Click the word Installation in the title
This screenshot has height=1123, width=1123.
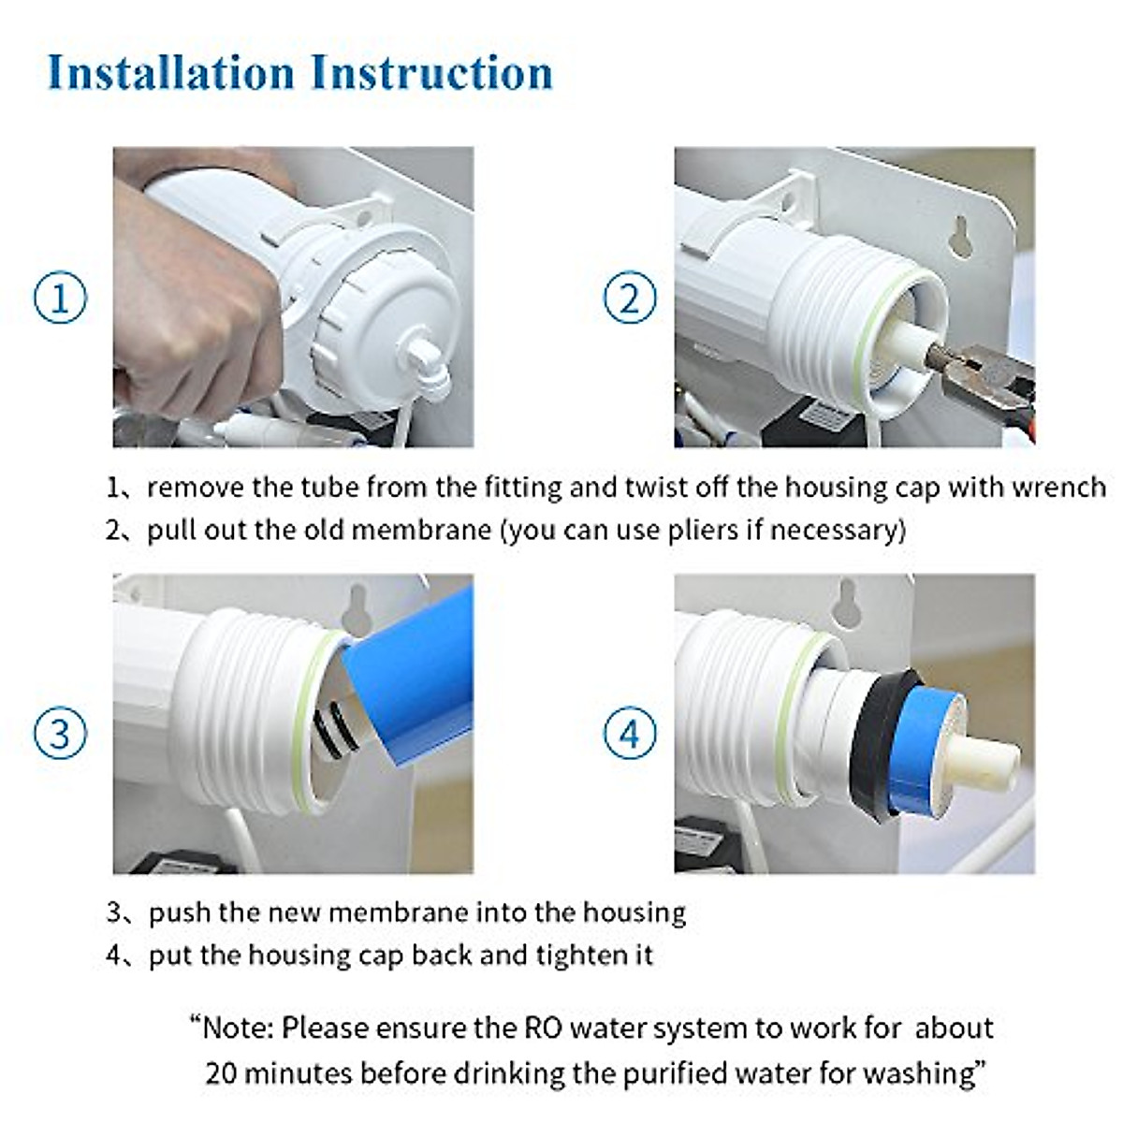(x=170, y=72)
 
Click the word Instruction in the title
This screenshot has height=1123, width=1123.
(x=431, y=72)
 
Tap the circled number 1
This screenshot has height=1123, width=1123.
(x=60, y=298)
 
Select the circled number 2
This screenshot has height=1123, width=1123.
(x=630, y=298)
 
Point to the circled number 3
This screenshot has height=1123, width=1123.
(x=60, y=733)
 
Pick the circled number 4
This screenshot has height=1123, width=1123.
(x=630, y=733)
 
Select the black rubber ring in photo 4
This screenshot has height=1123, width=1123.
(x=886, y=746)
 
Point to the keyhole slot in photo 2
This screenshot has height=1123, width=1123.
(x=960, y=236)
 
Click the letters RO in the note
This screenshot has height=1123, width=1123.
(x=544, y=1028)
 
